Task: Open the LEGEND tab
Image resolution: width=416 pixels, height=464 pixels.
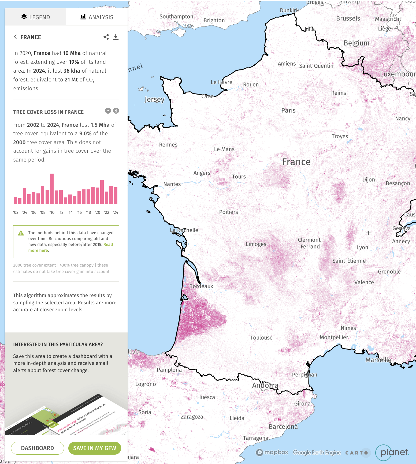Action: [35, 17]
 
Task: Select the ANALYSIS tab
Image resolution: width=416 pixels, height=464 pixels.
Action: [97, 17]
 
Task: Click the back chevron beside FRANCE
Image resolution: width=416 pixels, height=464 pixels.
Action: [15, 37]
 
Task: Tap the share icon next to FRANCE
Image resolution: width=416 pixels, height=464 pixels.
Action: [106, 37]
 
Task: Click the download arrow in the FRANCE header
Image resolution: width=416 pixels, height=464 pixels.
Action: [116, 37]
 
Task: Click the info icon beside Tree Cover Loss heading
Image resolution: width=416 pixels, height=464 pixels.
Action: [116, 111]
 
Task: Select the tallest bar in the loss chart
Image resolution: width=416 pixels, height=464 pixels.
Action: [52, 189]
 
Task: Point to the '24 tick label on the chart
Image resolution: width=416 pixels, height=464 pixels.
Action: [116, 212]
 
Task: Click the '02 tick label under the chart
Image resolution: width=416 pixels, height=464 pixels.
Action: [16, 212]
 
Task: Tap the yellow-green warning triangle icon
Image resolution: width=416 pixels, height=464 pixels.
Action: [21, 233]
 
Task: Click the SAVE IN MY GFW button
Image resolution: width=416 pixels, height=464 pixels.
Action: [95, 448]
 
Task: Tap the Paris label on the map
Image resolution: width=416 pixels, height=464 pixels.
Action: [288, 110]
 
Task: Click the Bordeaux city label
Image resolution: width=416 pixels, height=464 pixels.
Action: [201, 286]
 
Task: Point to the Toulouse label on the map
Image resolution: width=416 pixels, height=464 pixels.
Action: [261, 338]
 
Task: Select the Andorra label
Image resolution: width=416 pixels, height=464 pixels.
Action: [265, 385]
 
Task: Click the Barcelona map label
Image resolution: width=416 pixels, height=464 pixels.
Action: [283, 426]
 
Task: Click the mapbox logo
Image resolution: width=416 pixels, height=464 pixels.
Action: [272, 452]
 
